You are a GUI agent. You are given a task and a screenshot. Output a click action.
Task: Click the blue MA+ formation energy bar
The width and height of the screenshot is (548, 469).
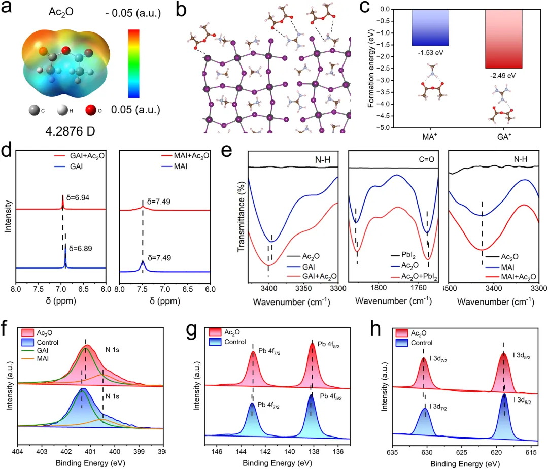point(430,27)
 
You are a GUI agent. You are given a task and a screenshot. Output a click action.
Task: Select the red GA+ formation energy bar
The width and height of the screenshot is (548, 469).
point(504,39)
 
